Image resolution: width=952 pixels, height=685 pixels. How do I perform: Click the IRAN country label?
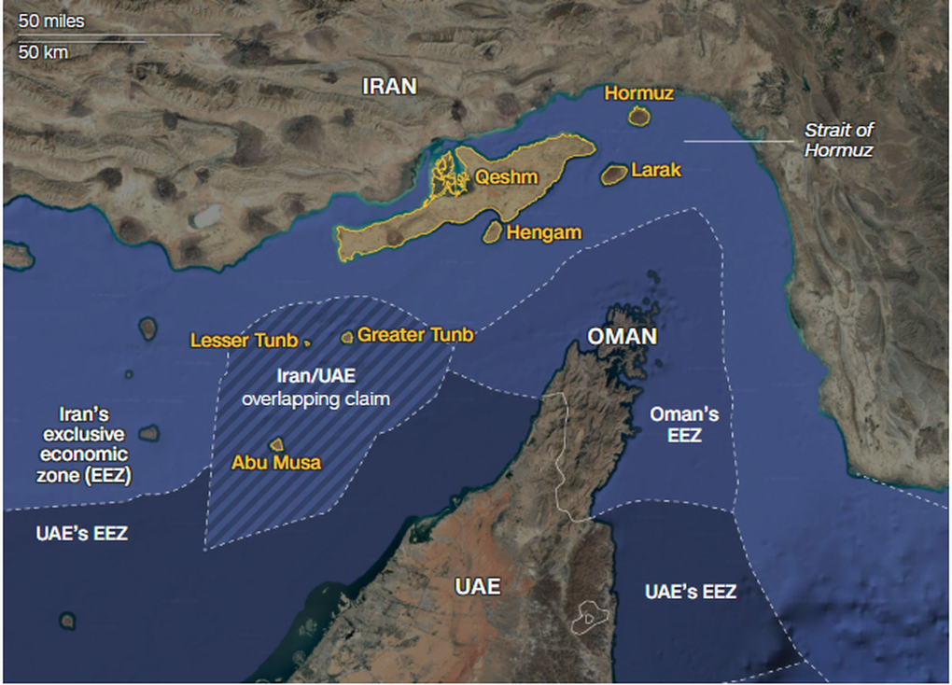(389, 86)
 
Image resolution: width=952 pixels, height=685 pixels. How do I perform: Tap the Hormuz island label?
(638, 92)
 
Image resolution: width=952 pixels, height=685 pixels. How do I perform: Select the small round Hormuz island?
(639, 116)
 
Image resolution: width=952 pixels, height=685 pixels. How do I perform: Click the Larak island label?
(656, 170)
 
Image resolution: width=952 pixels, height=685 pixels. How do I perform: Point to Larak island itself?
(614, 174)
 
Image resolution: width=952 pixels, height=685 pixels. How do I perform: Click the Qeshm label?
(507, 176)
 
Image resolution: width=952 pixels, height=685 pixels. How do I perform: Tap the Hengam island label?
(544, 232)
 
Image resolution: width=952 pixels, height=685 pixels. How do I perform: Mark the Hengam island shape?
(492, 232)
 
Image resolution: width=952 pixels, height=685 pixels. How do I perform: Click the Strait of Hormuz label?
(839, 140)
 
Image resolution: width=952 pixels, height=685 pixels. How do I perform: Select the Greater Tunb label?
(415, 334)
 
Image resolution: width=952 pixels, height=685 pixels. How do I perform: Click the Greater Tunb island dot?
(347, 336)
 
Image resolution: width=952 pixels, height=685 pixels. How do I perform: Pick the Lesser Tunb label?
(244, 341)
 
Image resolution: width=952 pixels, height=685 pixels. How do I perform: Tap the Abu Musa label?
(276, 462)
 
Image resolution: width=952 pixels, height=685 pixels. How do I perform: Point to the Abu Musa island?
(276, 445)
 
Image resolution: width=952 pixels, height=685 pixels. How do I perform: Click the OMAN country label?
(622, 336)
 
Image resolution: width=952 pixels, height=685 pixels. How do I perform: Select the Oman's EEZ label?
(684, 424)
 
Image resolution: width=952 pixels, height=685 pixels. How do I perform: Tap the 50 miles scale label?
(51, 21)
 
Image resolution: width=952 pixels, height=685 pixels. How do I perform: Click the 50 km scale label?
(43, 52)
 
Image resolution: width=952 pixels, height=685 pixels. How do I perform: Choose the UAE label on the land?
(477, 586)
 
